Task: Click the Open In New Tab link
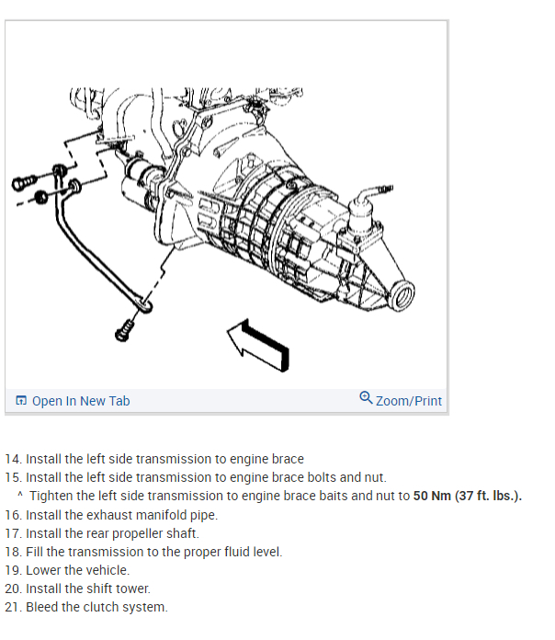(x=81, y=401)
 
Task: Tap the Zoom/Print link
(x=408, y=401)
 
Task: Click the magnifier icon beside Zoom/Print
(x=366, y=398)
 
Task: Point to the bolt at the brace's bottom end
(x=125, y=328)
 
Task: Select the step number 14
(x=13, y=459)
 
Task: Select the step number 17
(x=13, y=533)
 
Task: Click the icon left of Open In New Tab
(x=21, y=401)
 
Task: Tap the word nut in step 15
(x=374, y=477)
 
